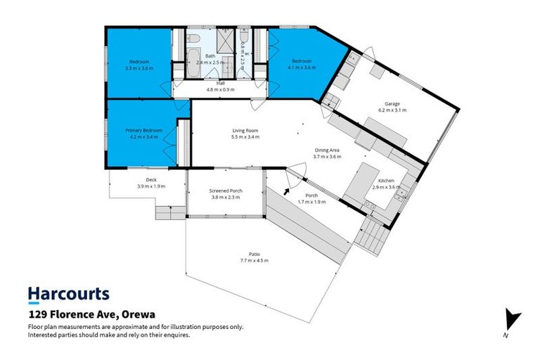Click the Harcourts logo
(68, 295)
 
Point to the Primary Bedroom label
(143, 130)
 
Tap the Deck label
(141, 180)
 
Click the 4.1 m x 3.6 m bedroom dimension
(304, 68)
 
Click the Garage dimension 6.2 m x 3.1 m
(392, 110)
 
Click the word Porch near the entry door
(311, 195)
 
